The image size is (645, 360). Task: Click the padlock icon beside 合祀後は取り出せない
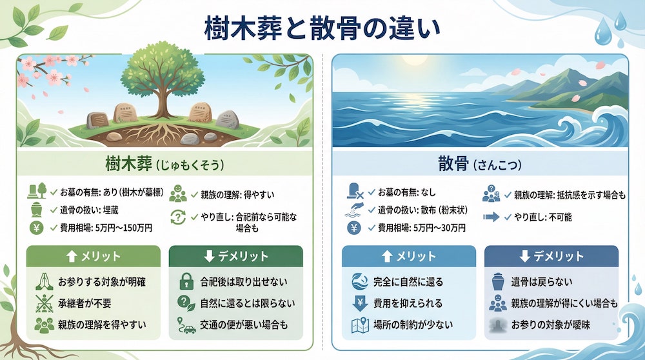point(184,282)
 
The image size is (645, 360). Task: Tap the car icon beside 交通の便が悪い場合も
point(185,325)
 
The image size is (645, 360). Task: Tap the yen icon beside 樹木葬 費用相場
point(37,228)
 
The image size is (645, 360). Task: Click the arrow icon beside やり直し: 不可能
point(492,217)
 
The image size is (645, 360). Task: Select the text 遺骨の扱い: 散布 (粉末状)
point(423,210)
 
